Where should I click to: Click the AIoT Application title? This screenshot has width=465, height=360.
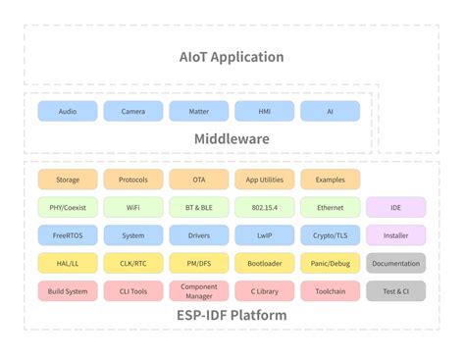tap(232, 57)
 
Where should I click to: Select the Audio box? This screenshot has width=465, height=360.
tap(68, 111)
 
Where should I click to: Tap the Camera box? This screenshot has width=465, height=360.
tap(133, 111)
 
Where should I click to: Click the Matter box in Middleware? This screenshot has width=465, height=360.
tap(198, 111)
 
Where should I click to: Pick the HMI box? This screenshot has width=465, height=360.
tap(264, 111)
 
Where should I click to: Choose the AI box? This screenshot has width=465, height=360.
tap(330, 111)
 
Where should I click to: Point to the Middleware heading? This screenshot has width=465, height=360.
tap(232, 138)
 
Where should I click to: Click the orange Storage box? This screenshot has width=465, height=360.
tap(68, 180)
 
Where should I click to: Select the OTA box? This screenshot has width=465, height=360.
tap(198, 180)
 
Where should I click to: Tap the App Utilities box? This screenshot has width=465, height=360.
tap(264, 180)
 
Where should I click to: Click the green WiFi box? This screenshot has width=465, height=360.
tap(133, 207)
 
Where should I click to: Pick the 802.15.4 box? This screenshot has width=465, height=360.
tap(264, 207)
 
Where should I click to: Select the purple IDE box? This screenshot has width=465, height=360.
tap(395, 207)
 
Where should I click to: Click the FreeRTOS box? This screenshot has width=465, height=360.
tap(68, 235)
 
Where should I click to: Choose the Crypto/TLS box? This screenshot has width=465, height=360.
tap(330, 235)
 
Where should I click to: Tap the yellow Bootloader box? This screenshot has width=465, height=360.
tap(264, 263)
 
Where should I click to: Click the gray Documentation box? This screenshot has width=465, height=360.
tap(395, 263)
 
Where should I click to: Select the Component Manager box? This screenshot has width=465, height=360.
tap(198, 291)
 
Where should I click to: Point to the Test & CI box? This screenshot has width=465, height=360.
tap(395, 291)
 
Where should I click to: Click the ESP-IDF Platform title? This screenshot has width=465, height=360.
tap(232, 316)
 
